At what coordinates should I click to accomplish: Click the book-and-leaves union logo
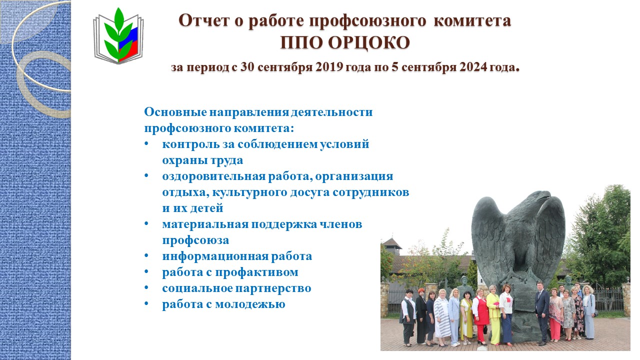118,35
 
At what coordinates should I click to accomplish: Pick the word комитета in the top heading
472,20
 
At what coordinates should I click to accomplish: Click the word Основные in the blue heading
175,112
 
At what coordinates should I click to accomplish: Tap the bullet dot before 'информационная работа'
146,255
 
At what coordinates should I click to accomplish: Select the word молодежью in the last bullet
250,304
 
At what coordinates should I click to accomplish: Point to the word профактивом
256,272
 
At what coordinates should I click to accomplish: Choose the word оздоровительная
214,176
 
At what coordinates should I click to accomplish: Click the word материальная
205,224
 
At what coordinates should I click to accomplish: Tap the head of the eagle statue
541,197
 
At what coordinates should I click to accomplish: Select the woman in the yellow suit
493,314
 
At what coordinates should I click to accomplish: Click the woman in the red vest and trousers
480,316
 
